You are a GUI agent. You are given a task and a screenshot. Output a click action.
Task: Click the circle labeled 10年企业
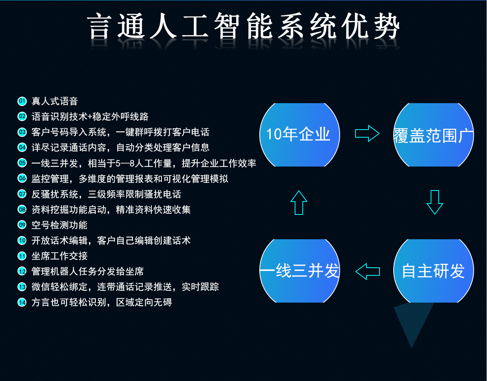[300, 134]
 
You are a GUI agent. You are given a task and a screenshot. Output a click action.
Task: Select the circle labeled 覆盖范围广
[433, 134]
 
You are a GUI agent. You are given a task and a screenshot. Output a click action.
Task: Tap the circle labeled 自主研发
[433, 271]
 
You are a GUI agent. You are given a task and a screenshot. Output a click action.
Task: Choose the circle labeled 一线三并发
[300, 271]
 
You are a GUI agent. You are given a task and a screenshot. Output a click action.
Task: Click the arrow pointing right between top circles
[367, 134]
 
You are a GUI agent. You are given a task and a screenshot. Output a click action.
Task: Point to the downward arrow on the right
[434, 202]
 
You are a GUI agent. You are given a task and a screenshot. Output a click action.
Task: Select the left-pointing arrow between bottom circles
[368, 271]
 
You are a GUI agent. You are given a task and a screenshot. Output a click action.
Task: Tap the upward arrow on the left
[299, 202]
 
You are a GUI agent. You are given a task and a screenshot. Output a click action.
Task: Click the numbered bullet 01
[22, 101]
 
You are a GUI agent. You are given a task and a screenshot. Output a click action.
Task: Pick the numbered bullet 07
[22, 194]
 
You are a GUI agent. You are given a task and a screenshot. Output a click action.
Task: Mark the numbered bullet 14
[22, 302]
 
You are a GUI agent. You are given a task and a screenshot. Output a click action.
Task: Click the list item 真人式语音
[54, 101]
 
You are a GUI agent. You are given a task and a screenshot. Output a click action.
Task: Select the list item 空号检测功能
[59, 225]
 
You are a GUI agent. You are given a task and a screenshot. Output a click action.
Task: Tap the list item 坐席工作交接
[59, 256]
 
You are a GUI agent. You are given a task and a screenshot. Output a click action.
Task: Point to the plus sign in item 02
[90, 117]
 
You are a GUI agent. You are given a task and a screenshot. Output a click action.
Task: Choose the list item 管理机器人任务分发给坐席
[87, 271]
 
